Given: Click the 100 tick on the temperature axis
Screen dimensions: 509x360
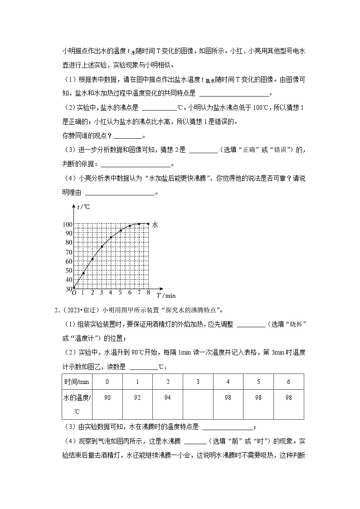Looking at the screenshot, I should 67,224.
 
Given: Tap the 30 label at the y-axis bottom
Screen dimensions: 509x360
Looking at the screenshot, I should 68,289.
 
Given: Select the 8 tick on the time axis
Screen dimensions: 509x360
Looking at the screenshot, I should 148,293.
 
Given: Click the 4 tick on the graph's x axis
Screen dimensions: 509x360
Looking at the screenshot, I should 111,293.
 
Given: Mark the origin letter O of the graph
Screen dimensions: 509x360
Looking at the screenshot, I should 74,293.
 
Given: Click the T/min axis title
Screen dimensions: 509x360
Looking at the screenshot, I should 165,296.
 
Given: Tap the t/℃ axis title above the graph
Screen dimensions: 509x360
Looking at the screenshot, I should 83,207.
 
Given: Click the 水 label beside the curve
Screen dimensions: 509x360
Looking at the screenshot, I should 155,224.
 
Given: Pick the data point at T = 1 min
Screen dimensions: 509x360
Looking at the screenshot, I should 83,273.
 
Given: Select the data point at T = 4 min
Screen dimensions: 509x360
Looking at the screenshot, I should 111,237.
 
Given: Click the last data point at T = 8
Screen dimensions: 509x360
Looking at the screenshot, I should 148,223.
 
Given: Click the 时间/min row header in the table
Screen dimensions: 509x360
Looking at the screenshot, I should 77,382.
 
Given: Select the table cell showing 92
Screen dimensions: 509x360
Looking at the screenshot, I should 137,398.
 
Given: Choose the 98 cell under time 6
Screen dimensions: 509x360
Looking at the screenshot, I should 288,398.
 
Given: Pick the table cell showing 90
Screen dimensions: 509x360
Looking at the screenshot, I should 107,398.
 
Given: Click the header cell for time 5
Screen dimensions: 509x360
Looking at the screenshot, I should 258,382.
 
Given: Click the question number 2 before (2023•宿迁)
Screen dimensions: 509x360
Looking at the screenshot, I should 56,310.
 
